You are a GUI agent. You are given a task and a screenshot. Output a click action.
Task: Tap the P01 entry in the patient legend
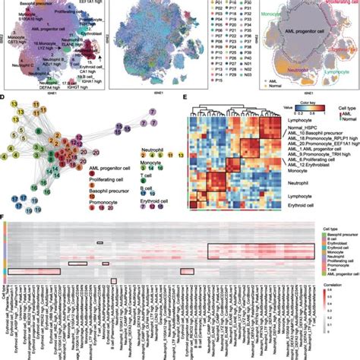pyautogui.click(x=204, y=5)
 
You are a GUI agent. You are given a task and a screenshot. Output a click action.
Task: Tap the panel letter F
pyautogui.click(x=5, y=216)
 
